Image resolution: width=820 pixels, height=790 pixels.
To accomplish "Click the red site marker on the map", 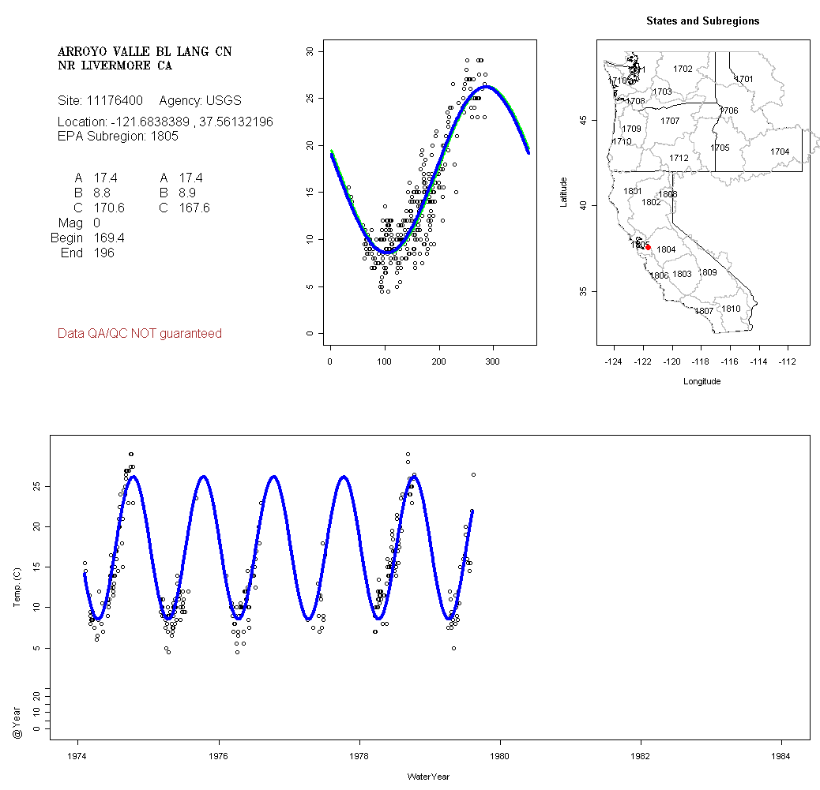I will (648, 247).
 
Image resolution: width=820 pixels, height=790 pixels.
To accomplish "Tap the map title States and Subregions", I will (702, 21).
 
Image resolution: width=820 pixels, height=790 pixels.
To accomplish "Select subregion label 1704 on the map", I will (780, 152).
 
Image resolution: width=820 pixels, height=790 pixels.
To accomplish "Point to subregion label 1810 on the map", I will (732, 309).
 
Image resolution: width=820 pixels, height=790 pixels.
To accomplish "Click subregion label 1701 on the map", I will (744, 79).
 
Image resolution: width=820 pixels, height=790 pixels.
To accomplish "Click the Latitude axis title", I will (564, 191).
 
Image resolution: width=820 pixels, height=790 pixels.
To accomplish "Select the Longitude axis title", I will (702, 381).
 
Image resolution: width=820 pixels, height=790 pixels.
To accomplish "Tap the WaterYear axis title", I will (428, 777).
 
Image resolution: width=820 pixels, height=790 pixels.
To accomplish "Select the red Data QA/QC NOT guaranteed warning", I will (140, 334).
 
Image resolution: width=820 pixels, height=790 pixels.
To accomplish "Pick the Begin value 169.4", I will (109, 238).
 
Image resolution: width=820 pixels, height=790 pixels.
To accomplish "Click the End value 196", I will (103, 253).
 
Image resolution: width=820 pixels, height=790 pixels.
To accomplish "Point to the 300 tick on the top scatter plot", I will (493, 362).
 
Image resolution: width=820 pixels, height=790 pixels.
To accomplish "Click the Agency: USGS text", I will (201, 101).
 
